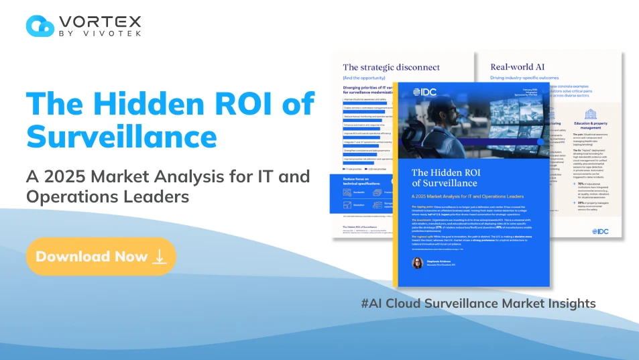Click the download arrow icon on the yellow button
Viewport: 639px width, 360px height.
tap(159, 257)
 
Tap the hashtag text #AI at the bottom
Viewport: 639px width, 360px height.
tap(371, 303)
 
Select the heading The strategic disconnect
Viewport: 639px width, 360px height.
tap(391, 67)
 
